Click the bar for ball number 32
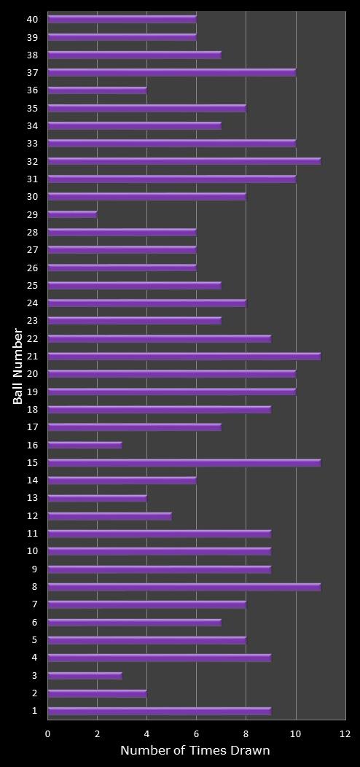click(184, 161)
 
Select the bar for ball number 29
click(72, 214)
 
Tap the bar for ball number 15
click(184, 462)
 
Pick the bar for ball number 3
click(85, 675)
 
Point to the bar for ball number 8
click(184, 586)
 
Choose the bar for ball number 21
click(184, 356)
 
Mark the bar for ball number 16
click(85, 445)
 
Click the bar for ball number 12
click(109, 515)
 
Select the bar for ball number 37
click(172, 72)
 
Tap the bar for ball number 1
click(160, 711)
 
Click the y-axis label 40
click(32, 19)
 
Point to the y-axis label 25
click(32, 285)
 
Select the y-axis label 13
click(32, 498)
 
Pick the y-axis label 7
click(34, 604)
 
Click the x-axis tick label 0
click(48, 733)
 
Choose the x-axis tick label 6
click(197, 733)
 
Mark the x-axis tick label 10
click(296, 733)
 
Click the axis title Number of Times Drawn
click(195, 750)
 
